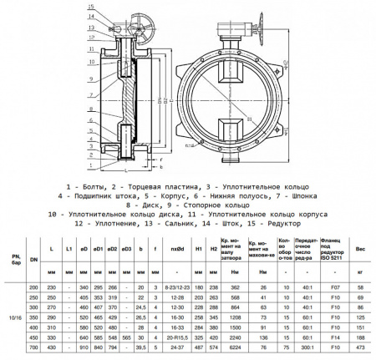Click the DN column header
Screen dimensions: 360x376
(x=33, y=260)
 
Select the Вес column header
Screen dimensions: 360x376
(x=359, y=250)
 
